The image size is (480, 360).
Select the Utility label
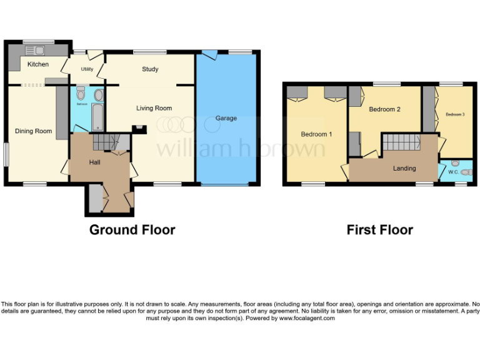click(86, 70)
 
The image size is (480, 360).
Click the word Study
click(150, 69)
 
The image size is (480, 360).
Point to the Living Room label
click(154, 108)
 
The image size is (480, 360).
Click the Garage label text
click(226, 118)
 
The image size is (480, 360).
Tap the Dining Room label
click(34, 131)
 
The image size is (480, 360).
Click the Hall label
click(94, 162)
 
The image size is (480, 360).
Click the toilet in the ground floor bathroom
click(80, 94)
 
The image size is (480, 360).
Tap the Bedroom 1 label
click(316, 134)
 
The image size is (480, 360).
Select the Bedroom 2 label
click(384, 109)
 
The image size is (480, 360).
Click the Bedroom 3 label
click(455, 114)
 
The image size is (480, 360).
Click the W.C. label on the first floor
click(454, 171)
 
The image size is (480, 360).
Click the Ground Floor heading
click(132, 229)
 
